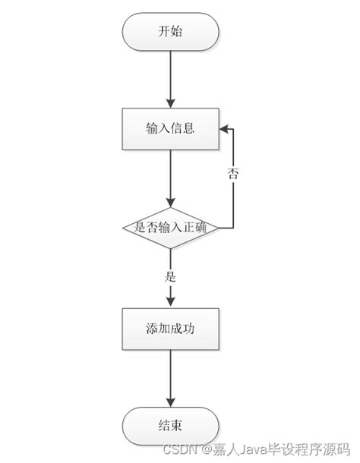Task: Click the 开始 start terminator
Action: pos(170,33)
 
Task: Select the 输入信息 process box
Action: pos(170,128)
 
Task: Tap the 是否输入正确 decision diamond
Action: pos(170,227)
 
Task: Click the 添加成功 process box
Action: pos(170,329)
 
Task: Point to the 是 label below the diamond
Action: pos(170,277)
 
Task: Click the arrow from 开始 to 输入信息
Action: pos(170,79)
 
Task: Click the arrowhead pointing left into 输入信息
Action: pos(223,128)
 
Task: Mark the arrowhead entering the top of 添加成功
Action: pos(170,303)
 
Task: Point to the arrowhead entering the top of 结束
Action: pos(170,401)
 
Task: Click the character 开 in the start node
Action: pos(163,33)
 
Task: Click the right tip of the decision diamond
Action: pos(219,227)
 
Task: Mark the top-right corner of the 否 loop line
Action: pos(232,128)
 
